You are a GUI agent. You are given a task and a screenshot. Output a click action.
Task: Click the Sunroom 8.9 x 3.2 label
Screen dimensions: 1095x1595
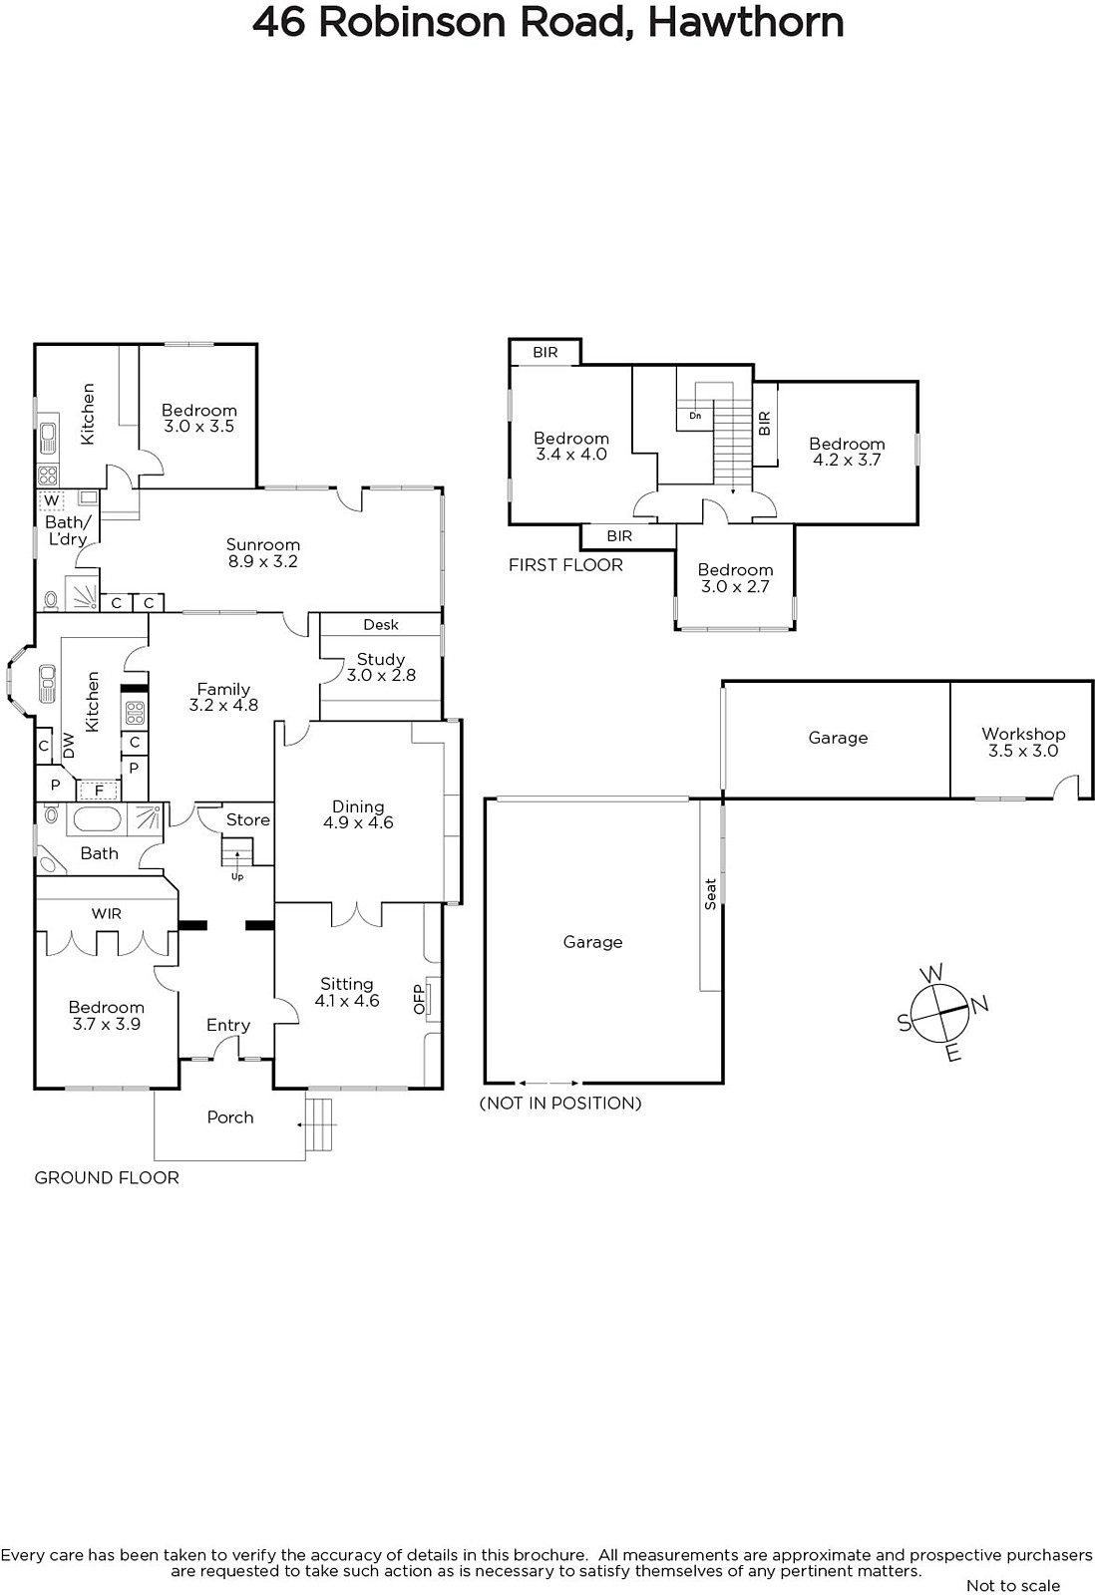pyautogui.click(x=263, y=552)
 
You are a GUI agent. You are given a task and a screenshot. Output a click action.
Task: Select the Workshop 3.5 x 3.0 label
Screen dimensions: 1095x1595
pyautogui.click(x=1023, y=742)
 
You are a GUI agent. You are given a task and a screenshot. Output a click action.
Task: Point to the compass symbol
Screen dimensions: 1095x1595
pyautogui.click(x=941, y=1013)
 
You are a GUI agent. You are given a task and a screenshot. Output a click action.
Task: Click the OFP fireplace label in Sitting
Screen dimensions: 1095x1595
pyautogui.click(x=419, y=999)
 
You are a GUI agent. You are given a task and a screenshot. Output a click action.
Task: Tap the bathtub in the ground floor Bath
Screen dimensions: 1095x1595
pyautogui.click(x=97, y=819)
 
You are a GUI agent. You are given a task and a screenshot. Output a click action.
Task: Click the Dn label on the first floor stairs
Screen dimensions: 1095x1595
pyautogui.click(x=695, y=415)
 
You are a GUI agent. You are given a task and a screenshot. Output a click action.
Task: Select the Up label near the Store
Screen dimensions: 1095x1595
pyautogui.click(x=237, y=876)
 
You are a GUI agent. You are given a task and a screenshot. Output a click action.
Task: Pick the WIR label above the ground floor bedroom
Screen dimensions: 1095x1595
pyautogui.click(x=106, y=913)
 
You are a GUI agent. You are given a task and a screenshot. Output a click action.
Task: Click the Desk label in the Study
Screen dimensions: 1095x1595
pyautogui.click(x=381, y=624)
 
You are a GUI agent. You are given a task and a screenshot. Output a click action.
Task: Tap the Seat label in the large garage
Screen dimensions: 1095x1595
pyautogui.click(x=710, y=894)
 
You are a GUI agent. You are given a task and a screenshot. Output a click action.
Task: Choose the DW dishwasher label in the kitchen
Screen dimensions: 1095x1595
pyautogui.click(x=69, y=747)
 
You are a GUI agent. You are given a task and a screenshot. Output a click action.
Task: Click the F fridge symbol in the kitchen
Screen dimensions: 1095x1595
pyautogui.click(x=99, y=791)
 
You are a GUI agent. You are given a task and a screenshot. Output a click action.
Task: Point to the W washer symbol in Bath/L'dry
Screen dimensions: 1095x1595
pyautogui.click(x=51, y=499)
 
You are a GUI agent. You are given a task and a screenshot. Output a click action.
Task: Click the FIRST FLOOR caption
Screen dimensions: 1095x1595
pyautogui.click(x=565, y=565)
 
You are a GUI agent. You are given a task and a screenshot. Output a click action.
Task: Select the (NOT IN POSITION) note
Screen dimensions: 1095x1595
pyautogui.click(x=560, y=1103)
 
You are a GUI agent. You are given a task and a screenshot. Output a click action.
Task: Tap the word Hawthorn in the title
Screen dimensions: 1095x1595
pyautogui.click(x=746, y=23)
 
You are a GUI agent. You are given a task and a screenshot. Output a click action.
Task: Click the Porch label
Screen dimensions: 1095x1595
pyautogui.click(x=230, y=1117)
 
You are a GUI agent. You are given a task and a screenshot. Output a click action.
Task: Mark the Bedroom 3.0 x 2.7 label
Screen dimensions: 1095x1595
pyautogui.click(x=735, y=578)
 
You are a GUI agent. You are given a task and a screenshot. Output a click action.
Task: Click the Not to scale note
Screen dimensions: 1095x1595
pyautogui.click(x=1013, y=1586)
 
